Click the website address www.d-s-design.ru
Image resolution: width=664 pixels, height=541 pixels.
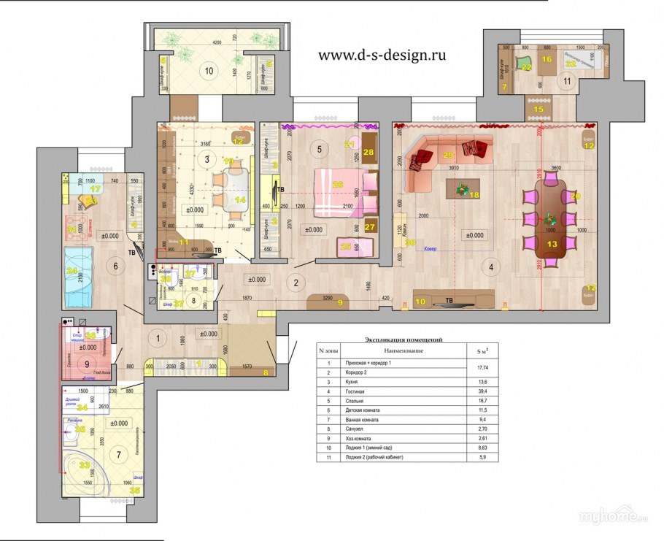(x=382, y=55)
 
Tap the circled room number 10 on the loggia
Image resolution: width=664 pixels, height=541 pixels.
(x=209, y=71)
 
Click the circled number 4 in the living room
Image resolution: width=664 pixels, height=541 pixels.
(x=491, y=268)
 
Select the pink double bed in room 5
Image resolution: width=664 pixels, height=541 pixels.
(x=339, y=193)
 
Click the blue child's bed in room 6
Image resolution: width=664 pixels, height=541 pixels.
(x=81, y=278)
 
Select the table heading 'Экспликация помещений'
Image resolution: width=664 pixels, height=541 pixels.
(x=404, y=340)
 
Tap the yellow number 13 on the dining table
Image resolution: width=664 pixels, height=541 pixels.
(x=552, y=243)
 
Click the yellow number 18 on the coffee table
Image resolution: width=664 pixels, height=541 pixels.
(x=474, y=195)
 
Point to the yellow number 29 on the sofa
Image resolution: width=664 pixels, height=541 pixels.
(x=448, y=155)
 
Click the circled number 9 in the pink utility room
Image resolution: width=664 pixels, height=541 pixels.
(x=87, y=363)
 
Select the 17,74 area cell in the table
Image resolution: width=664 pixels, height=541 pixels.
(x=482, y=367)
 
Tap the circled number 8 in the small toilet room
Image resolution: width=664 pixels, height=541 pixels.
(x=193, y=299)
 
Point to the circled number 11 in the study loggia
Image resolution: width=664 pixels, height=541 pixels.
(x=567, y=81)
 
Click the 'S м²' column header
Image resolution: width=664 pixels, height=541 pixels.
(x=482, y=351)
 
